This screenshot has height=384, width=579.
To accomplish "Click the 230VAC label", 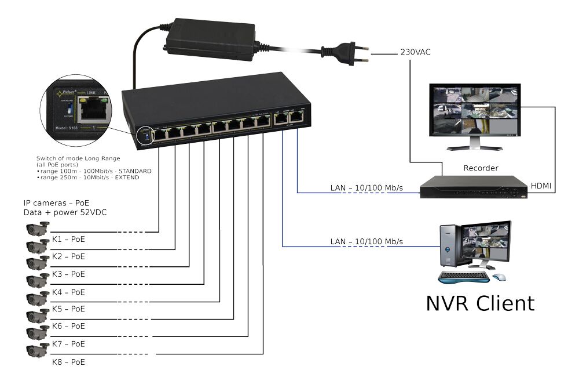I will click(415, 52).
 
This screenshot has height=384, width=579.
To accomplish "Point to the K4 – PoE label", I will click(68, 292).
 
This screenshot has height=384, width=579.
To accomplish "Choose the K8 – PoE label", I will click(68, 362).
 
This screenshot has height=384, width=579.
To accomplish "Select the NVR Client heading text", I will click(480, 303).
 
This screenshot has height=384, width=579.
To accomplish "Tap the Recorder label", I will click(481, 169).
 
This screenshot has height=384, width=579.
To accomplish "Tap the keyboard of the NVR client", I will click(463, 277).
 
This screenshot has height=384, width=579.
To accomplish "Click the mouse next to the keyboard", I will click(499, 277).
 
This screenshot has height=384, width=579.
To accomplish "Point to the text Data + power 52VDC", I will click(65, 212).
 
